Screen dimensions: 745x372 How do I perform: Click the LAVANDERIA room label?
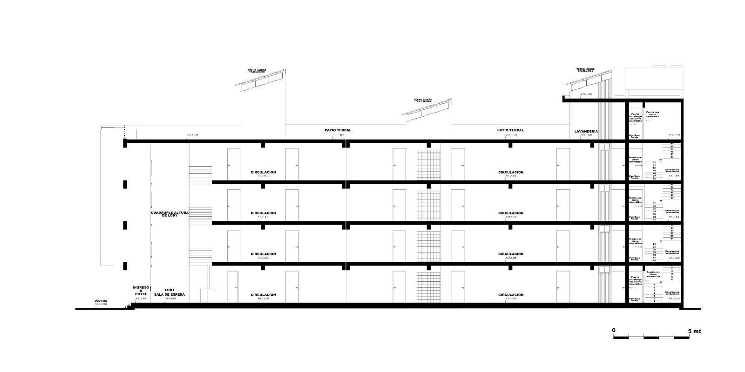[586, 132]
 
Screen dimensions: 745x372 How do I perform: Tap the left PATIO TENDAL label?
[338, 130]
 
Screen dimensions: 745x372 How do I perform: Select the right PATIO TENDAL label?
[510, 130]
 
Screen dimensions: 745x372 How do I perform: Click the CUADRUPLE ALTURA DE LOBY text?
[169, 214]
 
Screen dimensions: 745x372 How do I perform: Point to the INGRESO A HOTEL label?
[141, 290]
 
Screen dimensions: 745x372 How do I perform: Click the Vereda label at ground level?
[101, 301]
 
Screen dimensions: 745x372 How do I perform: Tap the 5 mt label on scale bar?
[694, 331]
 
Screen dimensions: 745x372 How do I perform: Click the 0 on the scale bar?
[614, 330]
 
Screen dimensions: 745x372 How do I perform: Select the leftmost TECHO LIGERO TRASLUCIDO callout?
[257, 71]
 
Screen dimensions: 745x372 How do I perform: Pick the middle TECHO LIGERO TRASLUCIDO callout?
[423, 100]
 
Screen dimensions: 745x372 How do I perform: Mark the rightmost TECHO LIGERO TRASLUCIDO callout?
[586, 70]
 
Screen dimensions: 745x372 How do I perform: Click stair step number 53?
[660, 159]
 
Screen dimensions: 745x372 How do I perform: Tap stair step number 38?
[660, 200]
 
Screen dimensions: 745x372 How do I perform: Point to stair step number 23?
[660, 241]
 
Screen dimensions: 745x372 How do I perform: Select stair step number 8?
[660, 282]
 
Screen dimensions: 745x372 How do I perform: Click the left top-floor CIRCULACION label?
[263, 172]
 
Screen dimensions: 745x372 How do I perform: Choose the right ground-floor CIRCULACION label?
[511, 295]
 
